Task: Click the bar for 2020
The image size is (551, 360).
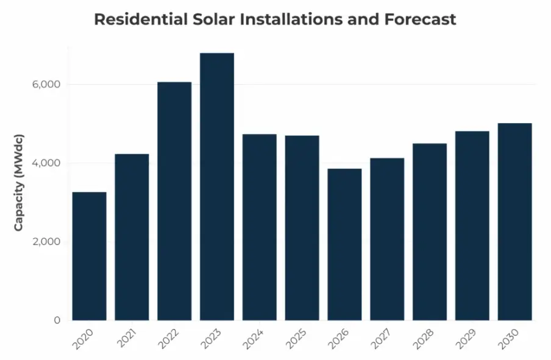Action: tap(89, 256)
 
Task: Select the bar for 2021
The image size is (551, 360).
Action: tap(132, 237)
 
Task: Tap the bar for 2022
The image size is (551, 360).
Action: tap(174, 201)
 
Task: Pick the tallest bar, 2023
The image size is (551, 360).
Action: tap(217, 186)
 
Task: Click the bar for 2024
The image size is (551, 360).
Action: tap(259, 227)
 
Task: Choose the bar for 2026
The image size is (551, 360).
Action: tap(344, 244)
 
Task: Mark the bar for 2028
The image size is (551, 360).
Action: tap(429, 231)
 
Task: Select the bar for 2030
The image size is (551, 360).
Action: tap(514, 222)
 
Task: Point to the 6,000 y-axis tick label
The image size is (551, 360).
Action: tap(46, 85)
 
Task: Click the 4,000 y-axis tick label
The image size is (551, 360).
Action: tap(46, 163)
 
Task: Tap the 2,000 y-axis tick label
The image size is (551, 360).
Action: tap(46, 242)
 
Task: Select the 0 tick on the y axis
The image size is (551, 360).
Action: tap(57, 320)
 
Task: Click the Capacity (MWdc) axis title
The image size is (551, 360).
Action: tap(19, 181)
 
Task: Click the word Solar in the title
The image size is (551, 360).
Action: tap(215, 19)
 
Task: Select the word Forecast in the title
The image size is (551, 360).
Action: tap(420, 19)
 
